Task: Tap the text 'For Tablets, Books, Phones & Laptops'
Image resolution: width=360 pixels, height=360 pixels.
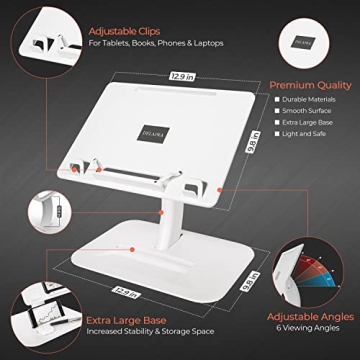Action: tap(155, 43)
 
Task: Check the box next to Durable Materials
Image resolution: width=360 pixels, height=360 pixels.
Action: tap(276, 100)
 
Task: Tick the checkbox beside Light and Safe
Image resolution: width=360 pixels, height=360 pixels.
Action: tap(276, 133)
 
